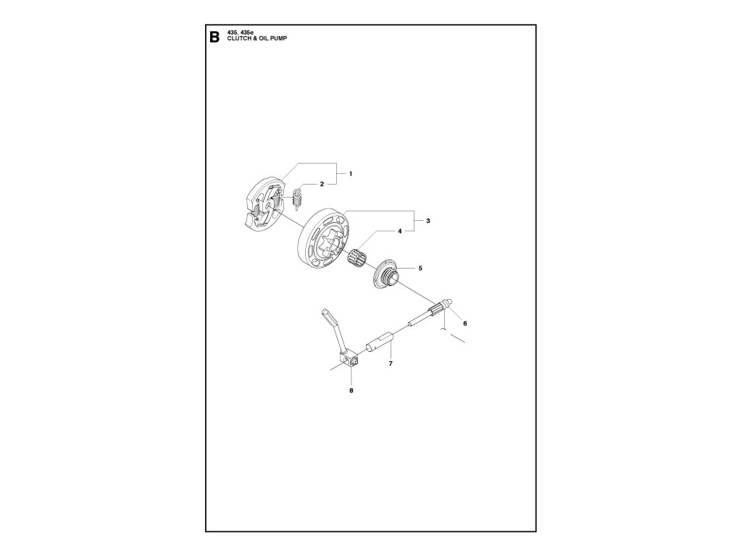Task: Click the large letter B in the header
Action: point(214,38)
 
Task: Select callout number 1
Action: point(350,174)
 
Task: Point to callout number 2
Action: point(322,185)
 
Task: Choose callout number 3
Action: point(428,220)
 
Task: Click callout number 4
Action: point(399,232)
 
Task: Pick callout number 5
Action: point(420,268)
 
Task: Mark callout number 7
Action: point(390,363)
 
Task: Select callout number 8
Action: point(351,391)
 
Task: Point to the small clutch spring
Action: point(296,200)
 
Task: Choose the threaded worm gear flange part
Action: point(385,277)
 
